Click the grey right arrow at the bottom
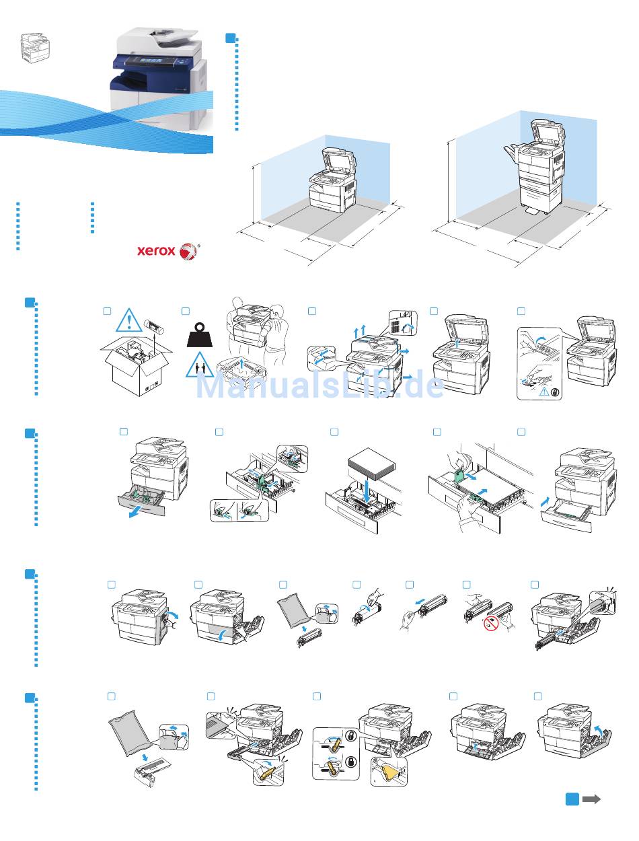tap(591, 799)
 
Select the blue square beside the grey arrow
tap(572, 799)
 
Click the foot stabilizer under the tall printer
tap(534, 211)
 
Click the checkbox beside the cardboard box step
tap(106, 311)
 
